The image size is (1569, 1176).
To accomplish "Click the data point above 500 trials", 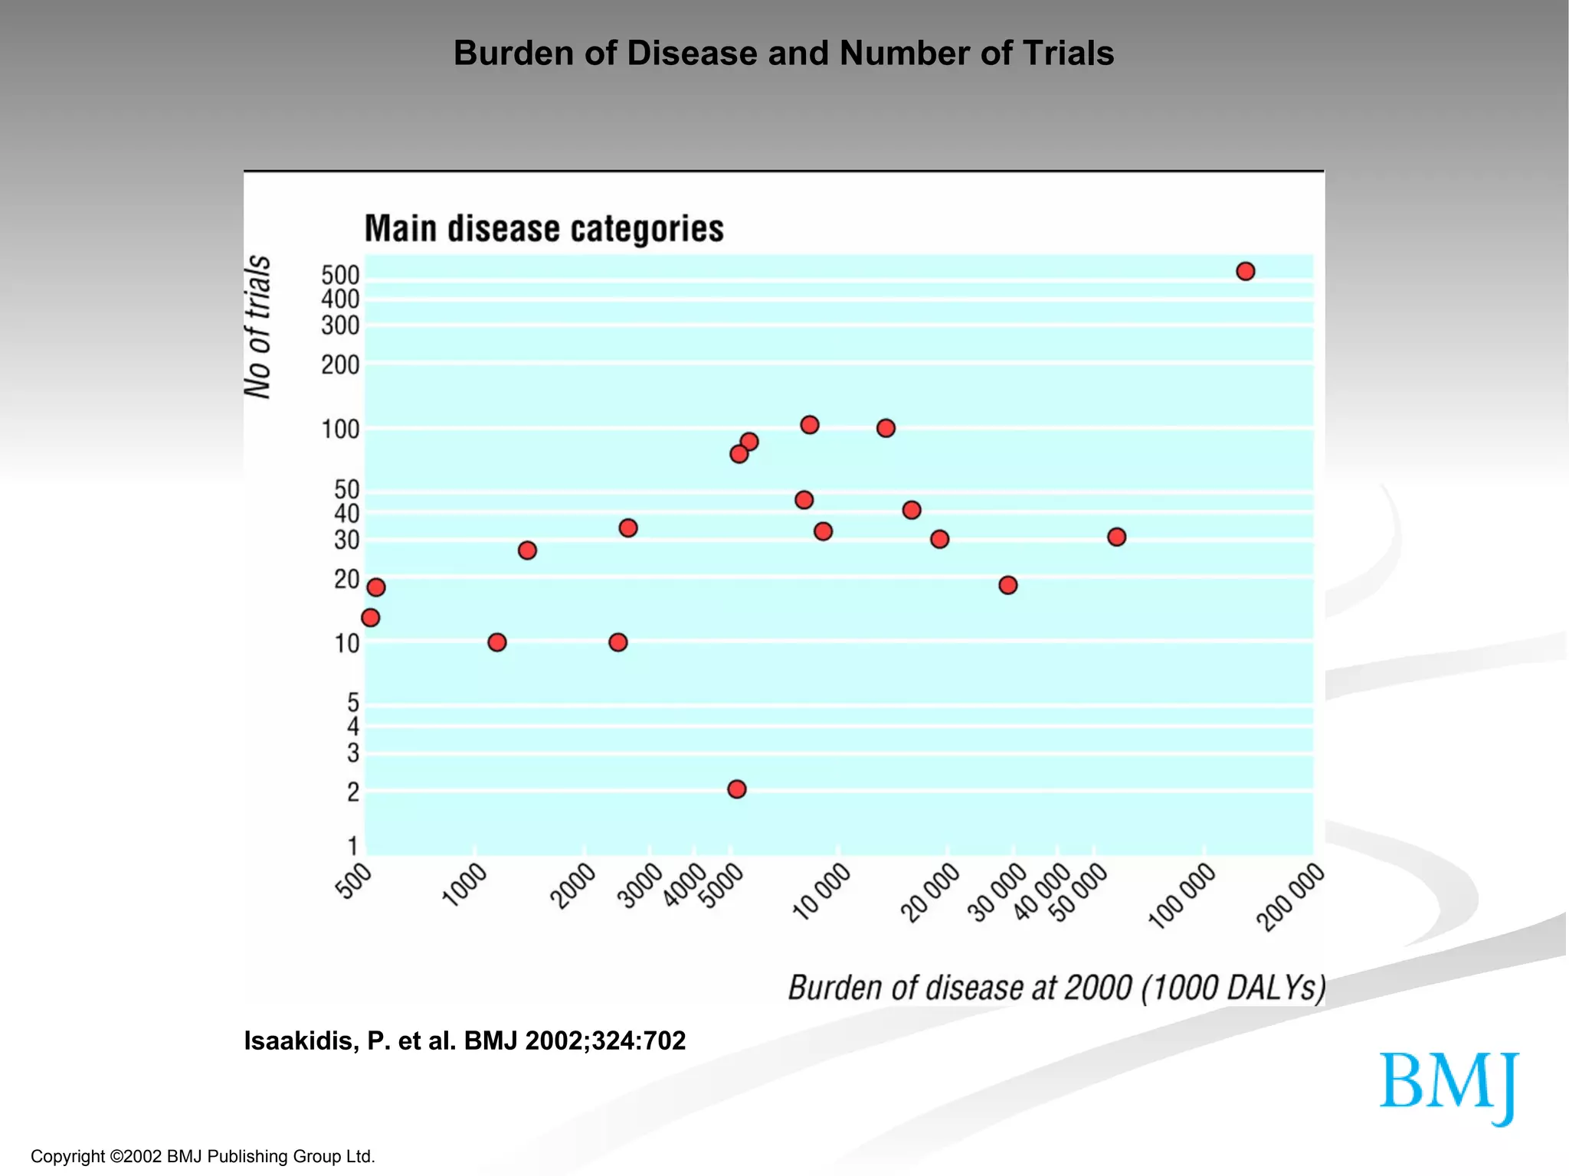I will tap(1245, 271).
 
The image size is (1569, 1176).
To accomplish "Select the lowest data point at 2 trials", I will tap(736, 789).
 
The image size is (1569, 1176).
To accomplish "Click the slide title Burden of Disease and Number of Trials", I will tap(783, 54).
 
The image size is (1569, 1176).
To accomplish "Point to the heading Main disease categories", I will tap(543, 229).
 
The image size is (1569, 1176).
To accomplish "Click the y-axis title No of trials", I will tap(258, 327).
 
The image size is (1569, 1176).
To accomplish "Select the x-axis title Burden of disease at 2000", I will tap(1056, 988).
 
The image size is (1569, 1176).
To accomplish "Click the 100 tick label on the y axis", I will tap(340, 430).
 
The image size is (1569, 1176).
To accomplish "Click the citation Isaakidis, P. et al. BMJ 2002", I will tap(464, 1040).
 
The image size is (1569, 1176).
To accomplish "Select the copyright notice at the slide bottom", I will tap(202, 1156).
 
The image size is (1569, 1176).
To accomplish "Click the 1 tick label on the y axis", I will tap(352, 846).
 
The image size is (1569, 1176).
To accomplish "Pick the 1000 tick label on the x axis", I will tap(465, 885).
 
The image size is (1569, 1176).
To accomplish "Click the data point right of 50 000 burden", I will tap(1116, 537).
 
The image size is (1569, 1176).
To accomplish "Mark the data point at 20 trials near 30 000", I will tap(1007, 585).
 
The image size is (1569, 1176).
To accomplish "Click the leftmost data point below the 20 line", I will tap(370, 617).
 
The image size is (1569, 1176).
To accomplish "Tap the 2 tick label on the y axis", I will tap(352, 792).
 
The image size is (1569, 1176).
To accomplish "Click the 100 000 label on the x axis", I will tap(1182, 896).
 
